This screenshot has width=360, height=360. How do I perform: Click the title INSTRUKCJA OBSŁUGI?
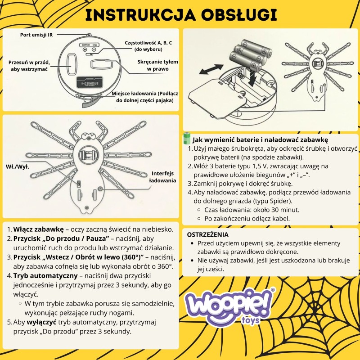[x=180, y=14]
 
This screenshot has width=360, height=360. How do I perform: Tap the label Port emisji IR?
[x=36, y=35]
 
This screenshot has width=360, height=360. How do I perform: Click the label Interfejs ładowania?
[x=163, y=176]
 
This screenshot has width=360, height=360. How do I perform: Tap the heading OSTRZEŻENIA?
[x=207, y=234]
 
